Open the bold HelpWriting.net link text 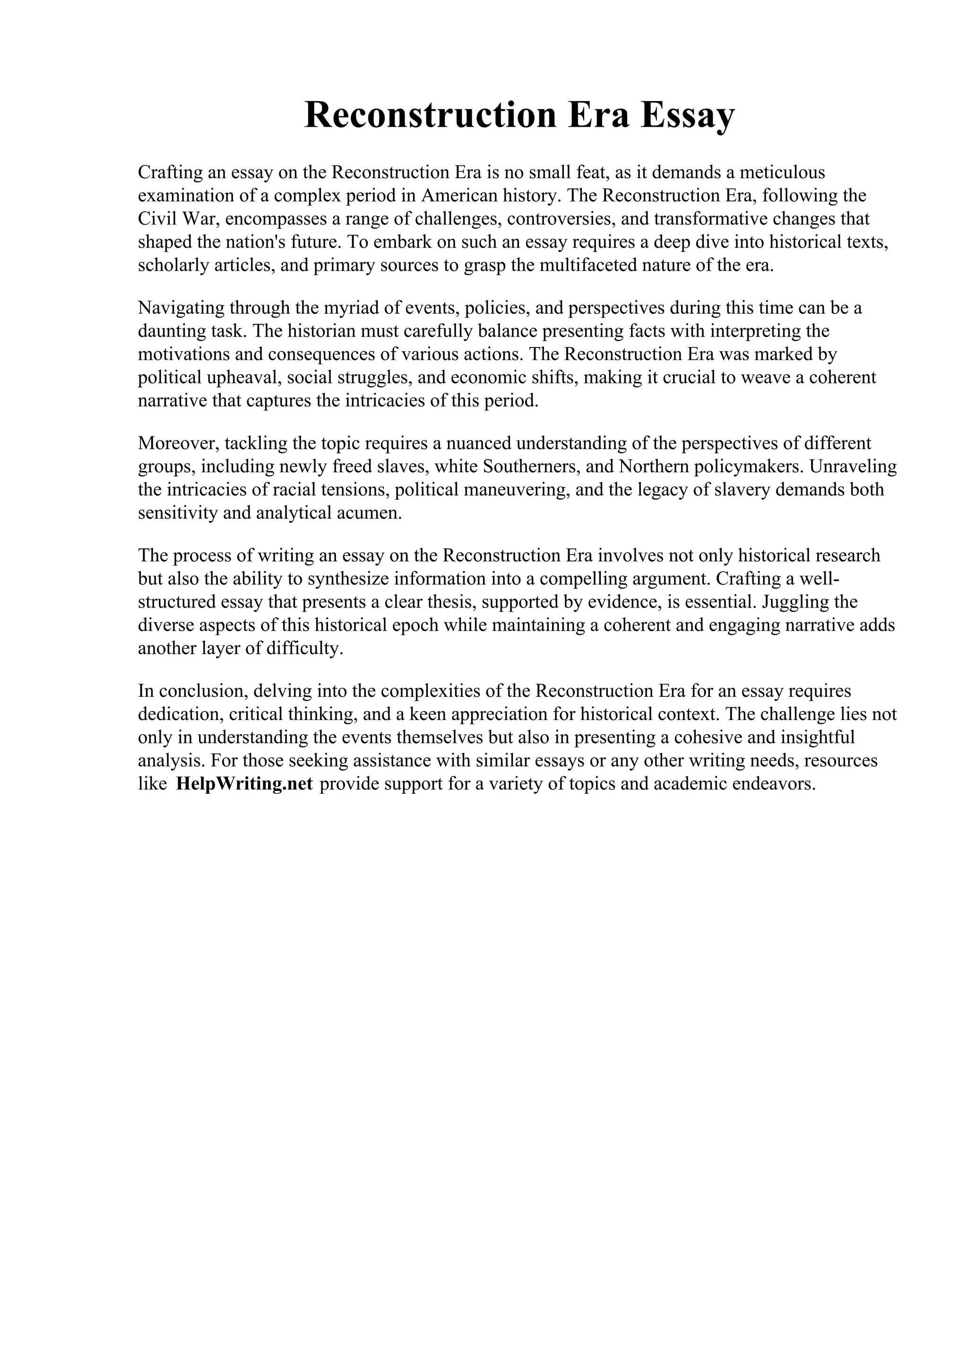click(244, 784)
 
